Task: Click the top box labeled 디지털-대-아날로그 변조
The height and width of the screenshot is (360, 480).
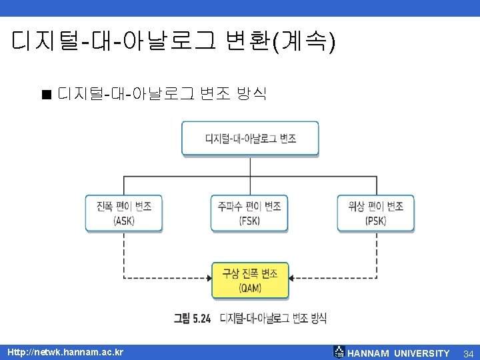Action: [x=250, y=139]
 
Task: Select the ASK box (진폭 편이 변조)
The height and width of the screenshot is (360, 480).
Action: [x=124, y=213]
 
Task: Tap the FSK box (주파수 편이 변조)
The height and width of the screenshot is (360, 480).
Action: [x=249, y=213]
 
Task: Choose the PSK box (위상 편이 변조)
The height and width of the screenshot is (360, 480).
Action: [x=375, y=213]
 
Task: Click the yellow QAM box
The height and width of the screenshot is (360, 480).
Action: [x=250, y=280]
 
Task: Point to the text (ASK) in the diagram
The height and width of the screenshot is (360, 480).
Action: [x=124, y=221]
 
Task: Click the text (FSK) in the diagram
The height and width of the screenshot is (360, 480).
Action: [x=249, y=221]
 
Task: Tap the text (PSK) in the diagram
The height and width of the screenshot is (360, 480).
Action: [x=375, y=221]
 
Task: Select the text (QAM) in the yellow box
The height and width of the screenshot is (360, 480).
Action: [x=250, y=288]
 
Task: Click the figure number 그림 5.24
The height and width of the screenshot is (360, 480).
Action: [x=192, y=319]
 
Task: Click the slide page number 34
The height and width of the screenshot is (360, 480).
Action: [x=467, y=353]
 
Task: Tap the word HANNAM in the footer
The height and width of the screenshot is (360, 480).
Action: [x=369, y=353]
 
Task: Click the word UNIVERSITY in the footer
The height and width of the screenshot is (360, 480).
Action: [x=422, y=353]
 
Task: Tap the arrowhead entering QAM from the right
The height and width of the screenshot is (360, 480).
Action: [x=293, y=278]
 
